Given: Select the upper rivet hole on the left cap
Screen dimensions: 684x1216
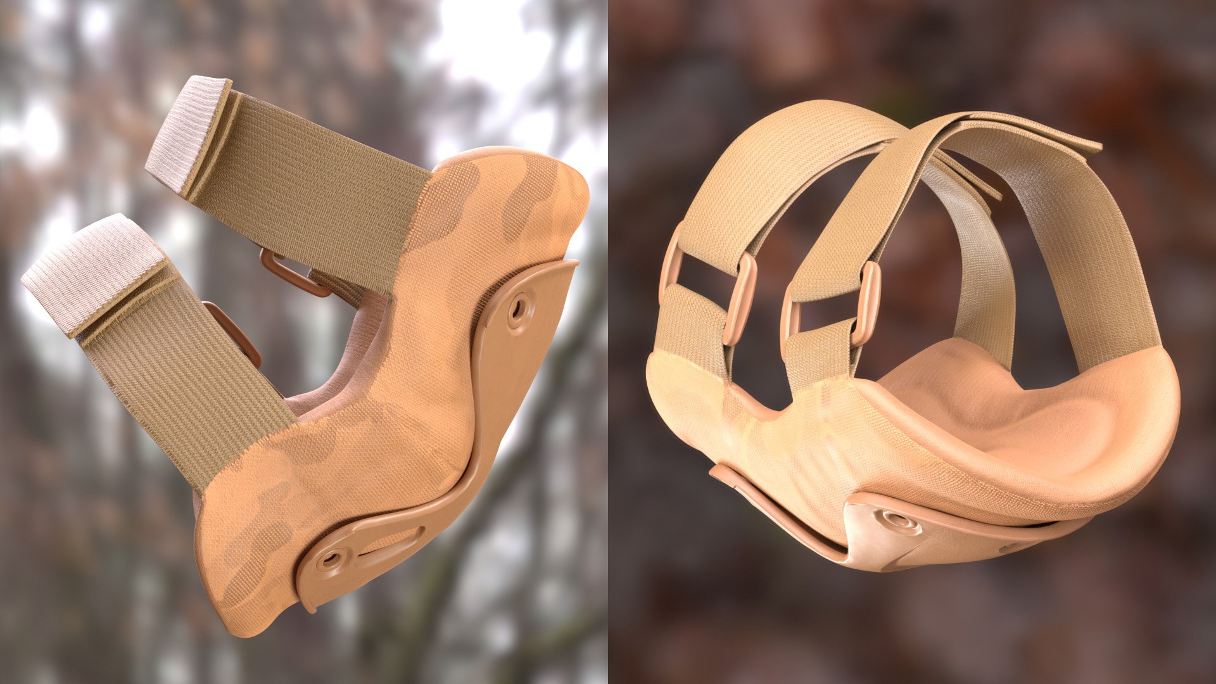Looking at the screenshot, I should coord(519,309).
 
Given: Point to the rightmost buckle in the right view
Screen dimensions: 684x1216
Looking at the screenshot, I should coord(868,304).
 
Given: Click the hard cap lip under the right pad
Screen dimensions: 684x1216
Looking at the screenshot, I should coord(779,507).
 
